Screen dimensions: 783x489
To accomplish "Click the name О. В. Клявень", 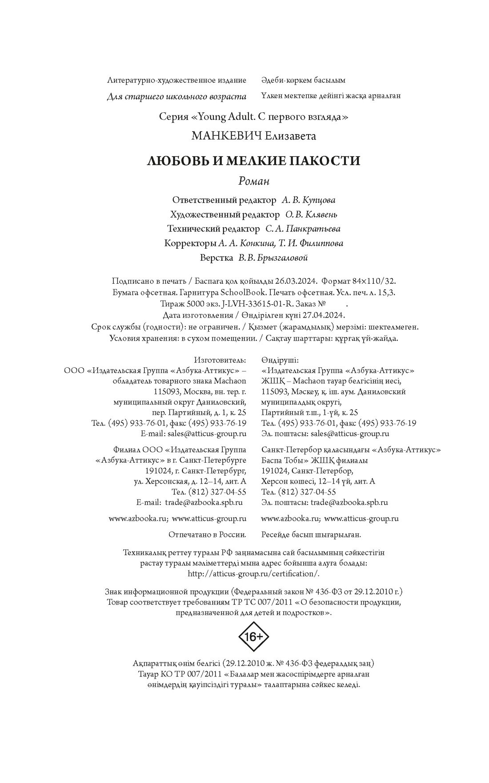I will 311,215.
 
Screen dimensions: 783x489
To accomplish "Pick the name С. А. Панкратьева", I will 303,229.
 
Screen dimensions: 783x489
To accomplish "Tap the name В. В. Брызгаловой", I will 273,258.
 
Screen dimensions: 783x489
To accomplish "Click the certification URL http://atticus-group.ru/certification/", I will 253,573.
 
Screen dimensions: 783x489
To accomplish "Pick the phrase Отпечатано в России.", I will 208,535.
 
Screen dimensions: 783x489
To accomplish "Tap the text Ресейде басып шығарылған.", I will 311,535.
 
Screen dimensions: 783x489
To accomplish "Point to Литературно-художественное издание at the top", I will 176,80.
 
